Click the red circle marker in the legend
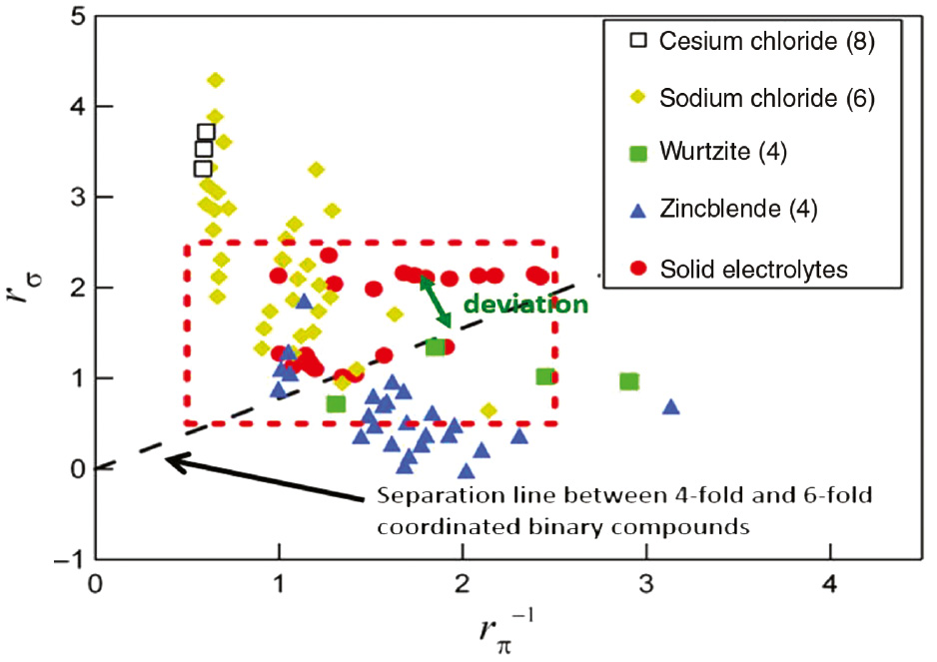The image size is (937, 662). [x=639, y=268]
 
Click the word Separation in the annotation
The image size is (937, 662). [x=420, y=496]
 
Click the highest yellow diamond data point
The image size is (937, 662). [x=215, y=80]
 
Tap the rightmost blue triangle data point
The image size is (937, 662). [x=671, y=406]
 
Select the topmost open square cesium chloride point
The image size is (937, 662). [x=207, y=132]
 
